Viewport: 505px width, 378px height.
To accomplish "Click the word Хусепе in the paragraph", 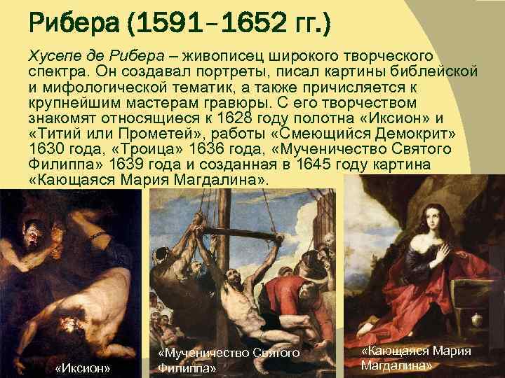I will (54, 55).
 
